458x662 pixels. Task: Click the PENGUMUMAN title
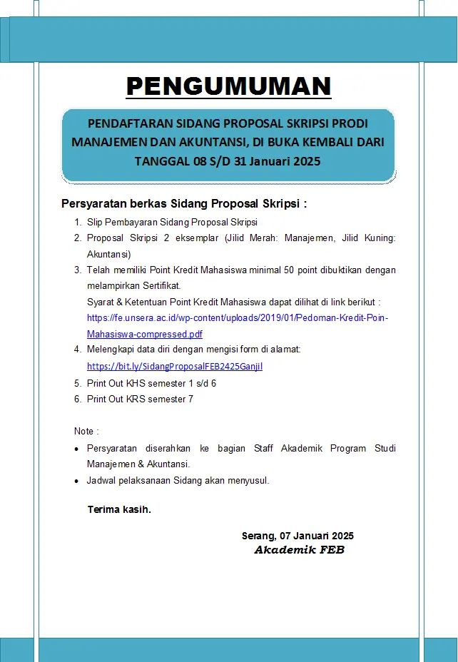tap(228, 86)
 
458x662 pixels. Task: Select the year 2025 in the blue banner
tap(305, 161)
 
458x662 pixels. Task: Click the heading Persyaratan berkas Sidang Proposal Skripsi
tap(184, 204)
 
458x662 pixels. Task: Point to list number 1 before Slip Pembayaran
tap(78, 223)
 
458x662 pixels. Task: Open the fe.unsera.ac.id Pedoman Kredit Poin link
tap(238, 318)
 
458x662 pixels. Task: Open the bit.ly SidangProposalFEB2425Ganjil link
tap(175, 366)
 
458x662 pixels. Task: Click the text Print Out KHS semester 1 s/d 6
tap(151, 383)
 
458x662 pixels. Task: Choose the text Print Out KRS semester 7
tap(140, 399)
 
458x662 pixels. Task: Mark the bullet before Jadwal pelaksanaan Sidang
tap(77, 482)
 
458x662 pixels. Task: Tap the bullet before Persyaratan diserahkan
tap(77, 449)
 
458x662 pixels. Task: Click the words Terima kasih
tap(119, 509)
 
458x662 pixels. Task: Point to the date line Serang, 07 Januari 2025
tap(297, 536)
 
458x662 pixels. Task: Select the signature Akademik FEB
tap(299, 550)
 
